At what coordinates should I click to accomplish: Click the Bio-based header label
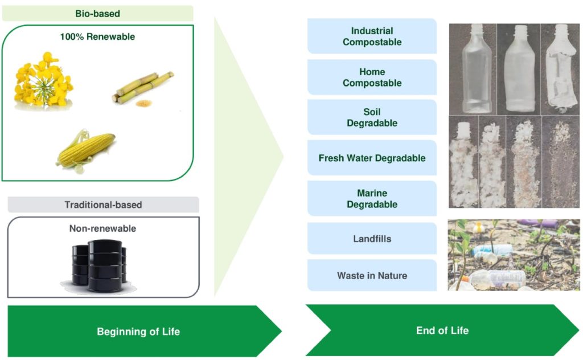(97, 14)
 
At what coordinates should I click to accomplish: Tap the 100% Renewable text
(97, 37)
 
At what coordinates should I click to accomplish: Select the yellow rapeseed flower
(43, 81)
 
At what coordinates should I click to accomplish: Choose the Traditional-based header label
(104, 205)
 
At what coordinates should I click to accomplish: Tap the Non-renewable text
(102, 228)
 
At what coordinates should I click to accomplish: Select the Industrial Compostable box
(372, 36)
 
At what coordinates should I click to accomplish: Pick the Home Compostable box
(372, 77)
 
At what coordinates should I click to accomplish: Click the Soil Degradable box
(372, 117)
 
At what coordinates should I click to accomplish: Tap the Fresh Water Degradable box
(372, 158)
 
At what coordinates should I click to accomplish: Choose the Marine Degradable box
(372, 199)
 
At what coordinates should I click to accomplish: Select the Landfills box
(372, 239)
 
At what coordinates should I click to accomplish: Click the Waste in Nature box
(372, 276)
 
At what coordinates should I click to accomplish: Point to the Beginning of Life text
(138, 332)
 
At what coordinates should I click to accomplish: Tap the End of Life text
(442, 330)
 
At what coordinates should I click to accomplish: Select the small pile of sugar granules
(144, 103)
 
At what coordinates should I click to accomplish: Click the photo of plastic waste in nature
(514, 255)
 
